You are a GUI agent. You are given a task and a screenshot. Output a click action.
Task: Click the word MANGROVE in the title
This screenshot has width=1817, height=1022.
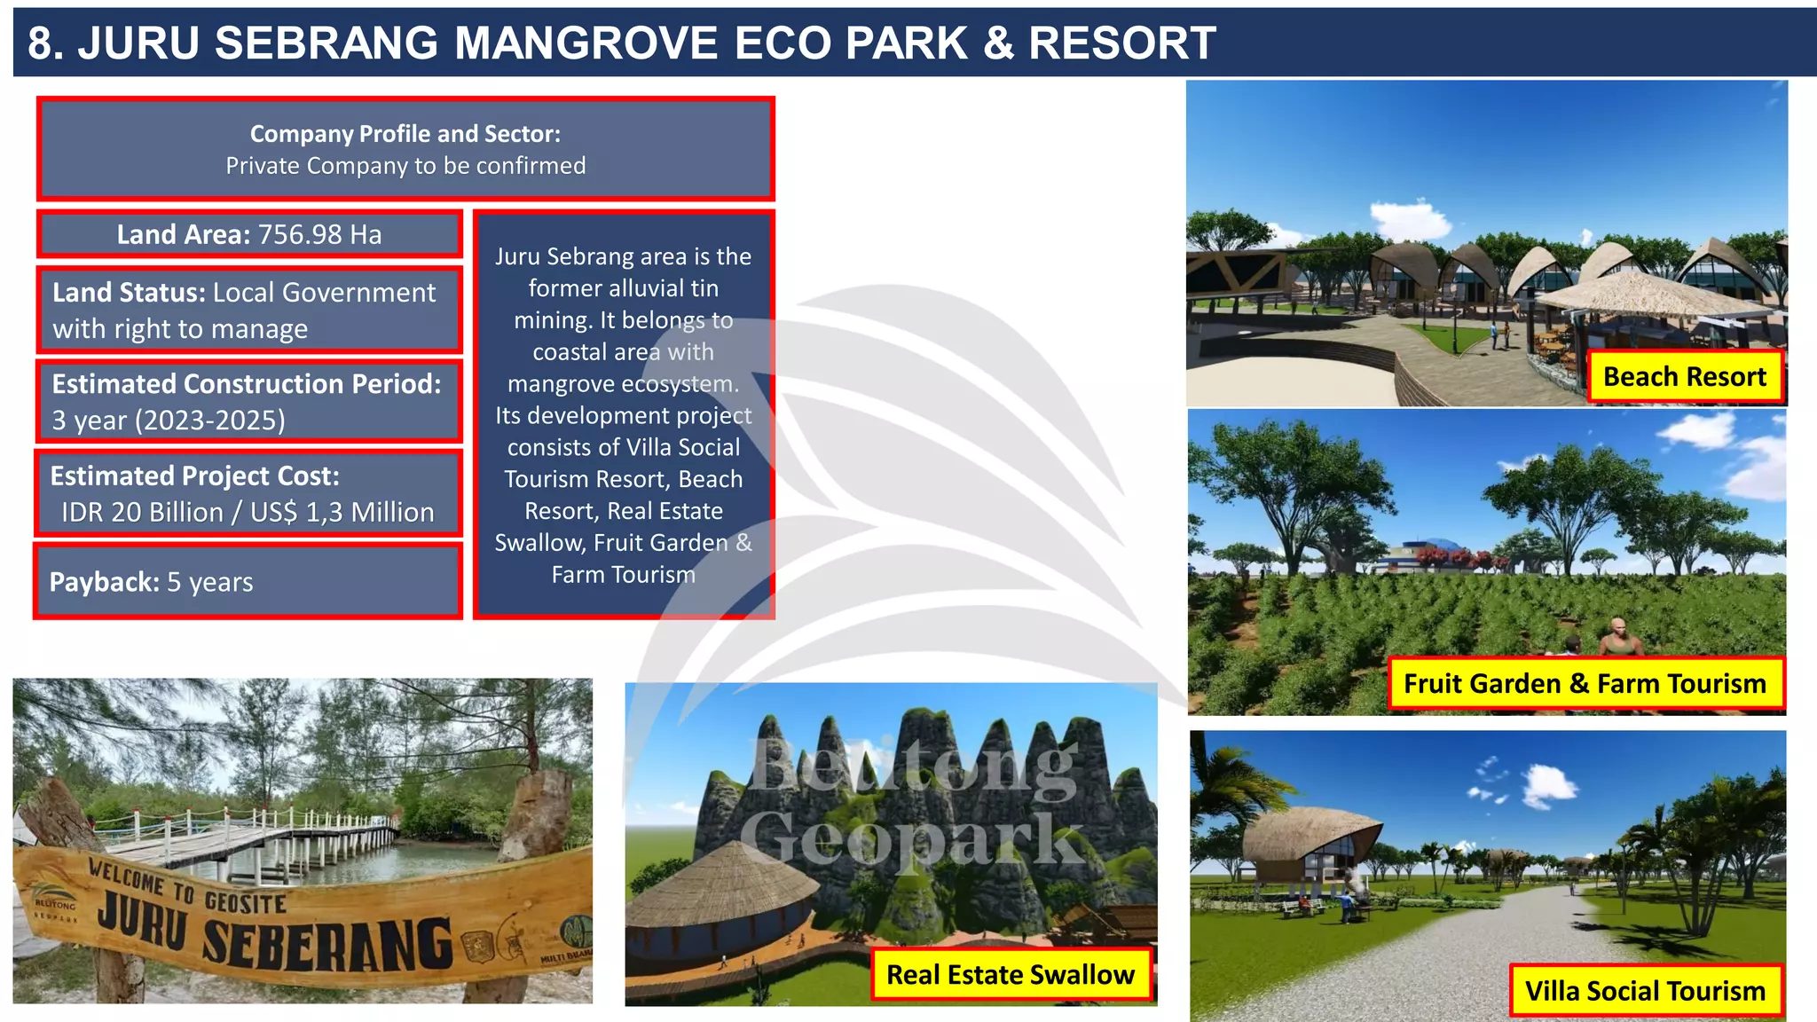point(586,43)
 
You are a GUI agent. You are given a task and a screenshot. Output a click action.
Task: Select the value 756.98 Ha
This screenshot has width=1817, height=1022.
point(319,234)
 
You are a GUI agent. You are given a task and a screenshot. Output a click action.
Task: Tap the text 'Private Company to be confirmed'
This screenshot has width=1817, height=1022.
point(405,166)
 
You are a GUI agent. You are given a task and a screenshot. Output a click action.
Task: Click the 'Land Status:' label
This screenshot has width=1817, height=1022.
point(130,293)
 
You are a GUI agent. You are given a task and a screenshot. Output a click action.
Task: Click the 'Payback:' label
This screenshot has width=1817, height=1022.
point(104,582)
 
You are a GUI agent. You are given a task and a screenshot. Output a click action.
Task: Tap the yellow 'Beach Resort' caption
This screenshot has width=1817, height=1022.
point(1684,377)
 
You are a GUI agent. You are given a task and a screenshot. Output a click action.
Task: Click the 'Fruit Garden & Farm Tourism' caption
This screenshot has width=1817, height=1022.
point(1585,684)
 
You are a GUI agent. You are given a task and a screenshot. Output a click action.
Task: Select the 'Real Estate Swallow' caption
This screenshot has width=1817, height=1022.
point(1010,975)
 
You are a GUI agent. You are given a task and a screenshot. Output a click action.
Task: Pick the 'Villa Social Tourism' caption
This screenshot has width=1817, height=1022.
point(1645,991)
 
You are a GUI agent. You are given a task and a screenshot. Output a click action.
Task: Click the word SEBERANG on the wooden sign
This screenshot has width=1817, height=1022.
point(328,945)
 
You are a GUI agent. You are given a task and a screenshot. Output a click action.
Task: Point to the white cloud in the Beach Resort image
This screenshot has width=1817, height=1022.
point(1411,217)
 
